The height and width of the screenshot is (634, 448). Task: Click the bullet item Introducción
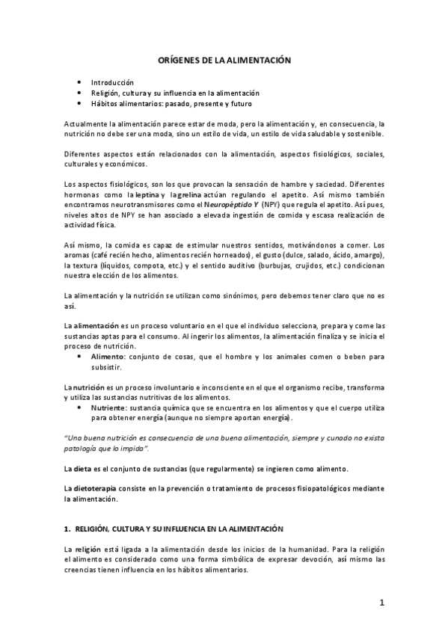[112, 81]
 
